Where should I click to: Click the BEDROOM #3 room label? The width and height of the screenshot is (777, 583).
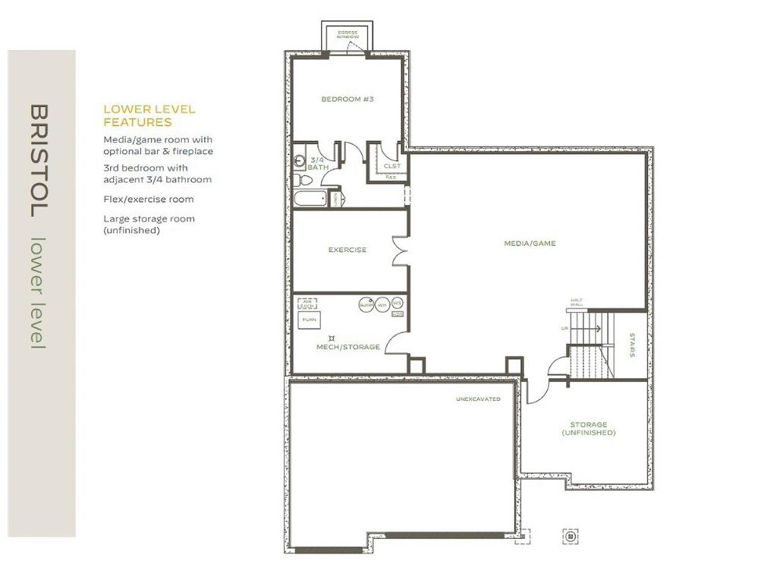(x=347, y=99)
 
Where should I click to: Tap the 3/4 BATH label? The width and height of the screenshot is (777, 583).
(x=317, y=163)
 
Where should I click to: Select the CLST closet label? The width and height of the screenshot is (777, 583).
(x=392, y=165)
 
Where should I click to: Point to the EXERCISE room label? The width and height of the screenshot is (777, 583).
(x=347, y=250)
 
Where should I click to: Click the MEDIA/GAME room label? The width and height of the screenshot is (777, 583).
(x=530, y=244)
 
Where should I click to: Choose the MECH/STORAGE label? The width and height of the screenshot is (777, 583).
(x=348, y=347)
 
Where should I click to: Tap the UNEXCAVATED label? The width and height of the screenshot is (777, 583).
(x=478, y=399)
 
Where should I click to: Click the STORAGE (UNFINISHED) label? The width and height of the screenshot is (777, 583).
(x=589, y=428)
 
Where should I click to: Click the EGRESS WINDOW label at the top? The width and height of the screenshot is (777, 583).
(x=348, y=35)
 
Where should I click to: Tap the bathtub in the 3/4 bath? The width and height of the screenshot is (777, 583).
(x=311, y=200)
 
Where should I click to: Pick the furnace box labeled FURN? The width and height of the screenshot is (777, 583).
(x=309, y=320)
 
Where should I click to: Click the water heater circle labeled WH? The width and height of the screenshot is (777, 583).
(x=382, y=304)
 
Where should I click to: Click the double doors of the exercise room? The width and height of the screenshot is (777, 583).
(x=400, y=250)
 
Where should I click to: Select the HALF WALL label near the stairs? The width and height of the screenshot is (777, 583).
(x=576, y=303)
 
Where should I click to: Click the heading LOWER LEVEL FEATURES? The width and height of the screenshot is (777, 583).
(x=149, y=115)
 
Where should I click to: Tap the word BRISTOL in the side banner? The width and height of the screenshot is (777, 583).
(x=39, y=160)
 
